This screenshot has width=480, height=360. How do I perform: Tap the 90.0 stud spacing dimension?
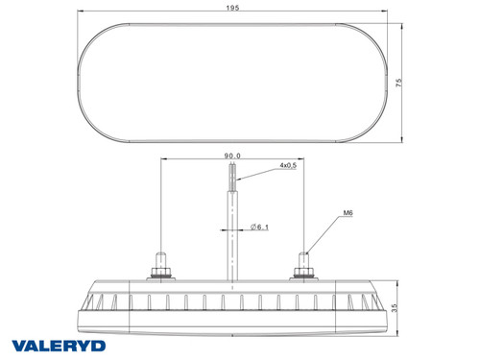(x=232, y=154)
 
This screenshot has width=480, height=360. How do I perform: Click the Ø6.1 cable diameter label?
(x=260, y=227)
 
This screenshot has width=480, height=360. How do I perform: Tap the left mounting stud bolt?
(x=159, y=261)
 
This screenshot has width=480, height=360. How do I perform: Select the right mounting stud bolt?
(x=305, y=261)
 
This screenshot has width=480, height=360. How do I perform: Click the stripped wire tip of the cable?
(x=232, y=177)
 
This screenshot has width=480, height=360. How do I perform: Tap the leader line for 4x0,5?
(x=257, y=174)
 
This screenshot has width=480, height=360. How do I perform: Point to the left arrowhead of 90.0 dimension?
(x=162, y=160)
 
